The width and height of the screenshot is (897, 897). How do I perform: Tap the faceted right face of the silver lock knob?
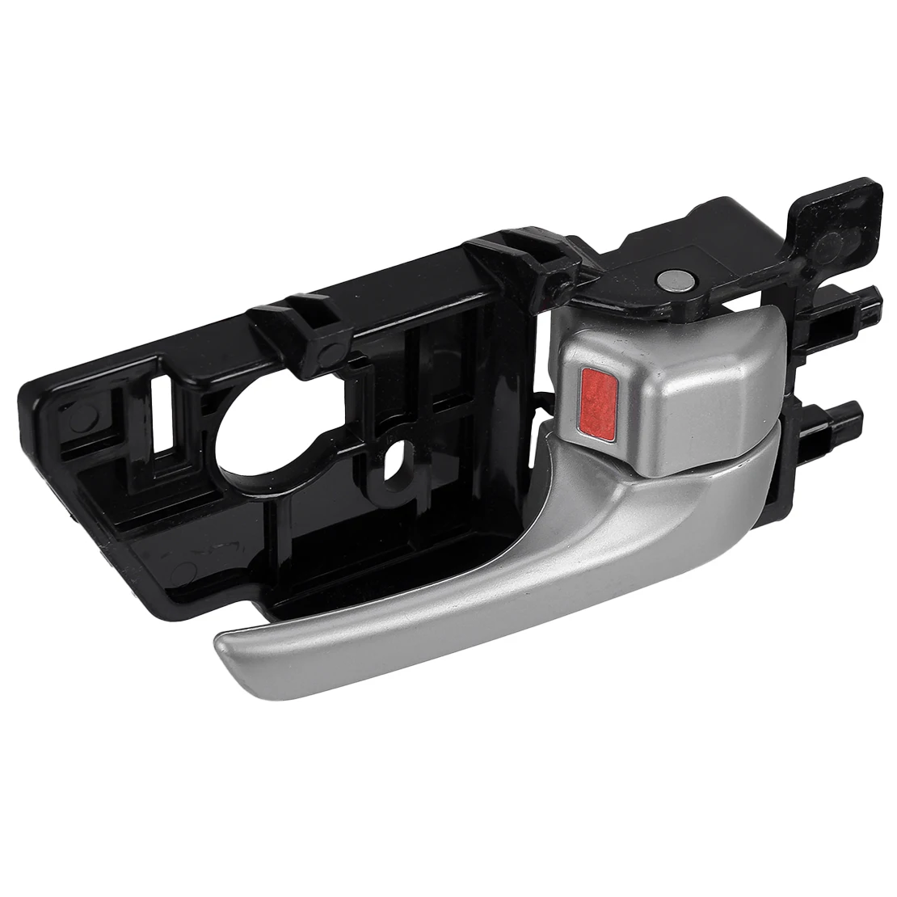click(x=727, y=388)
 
